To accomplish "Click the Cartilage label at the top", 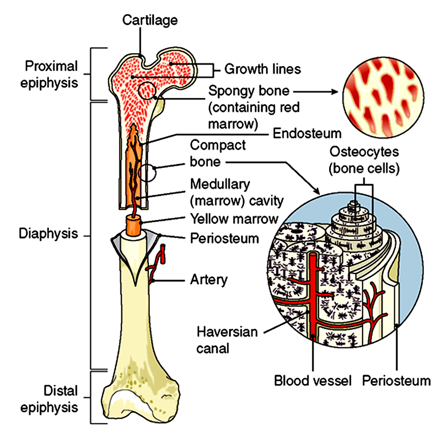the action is (x=150, y=20).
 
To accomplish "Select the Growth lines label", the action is (x=263, y=69).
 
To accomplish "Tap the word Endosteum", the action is (x=307, y=134).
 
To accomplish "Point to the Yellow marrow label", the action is (x=234, y=219).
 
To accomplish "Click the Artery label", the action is (x=209, y=279).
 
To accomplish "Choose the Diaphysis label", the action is (x=48, y=234).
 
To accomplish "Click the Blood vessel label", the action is (x=313, y=381).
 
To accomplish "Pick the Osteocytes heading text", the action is (x=364, y=151).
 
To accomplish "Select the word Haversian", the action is (x=227, y=332).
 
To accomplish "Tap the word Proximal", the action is (x=51, y=66).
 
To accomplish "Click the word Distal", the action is (x=60, y=391).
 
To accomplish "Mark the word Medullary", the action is (x=220, y=184).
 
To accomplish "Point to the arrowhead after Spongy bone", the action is (x=335, y=92).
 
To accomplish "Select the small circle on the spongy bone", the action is (x=147, y=90).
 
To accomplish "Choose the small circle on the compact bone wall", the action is (x=147, y=173).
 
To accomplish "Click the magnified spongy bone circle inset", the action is (x=383, y=98).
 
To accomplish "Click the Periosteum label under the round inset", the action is (x=396, y=381).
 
